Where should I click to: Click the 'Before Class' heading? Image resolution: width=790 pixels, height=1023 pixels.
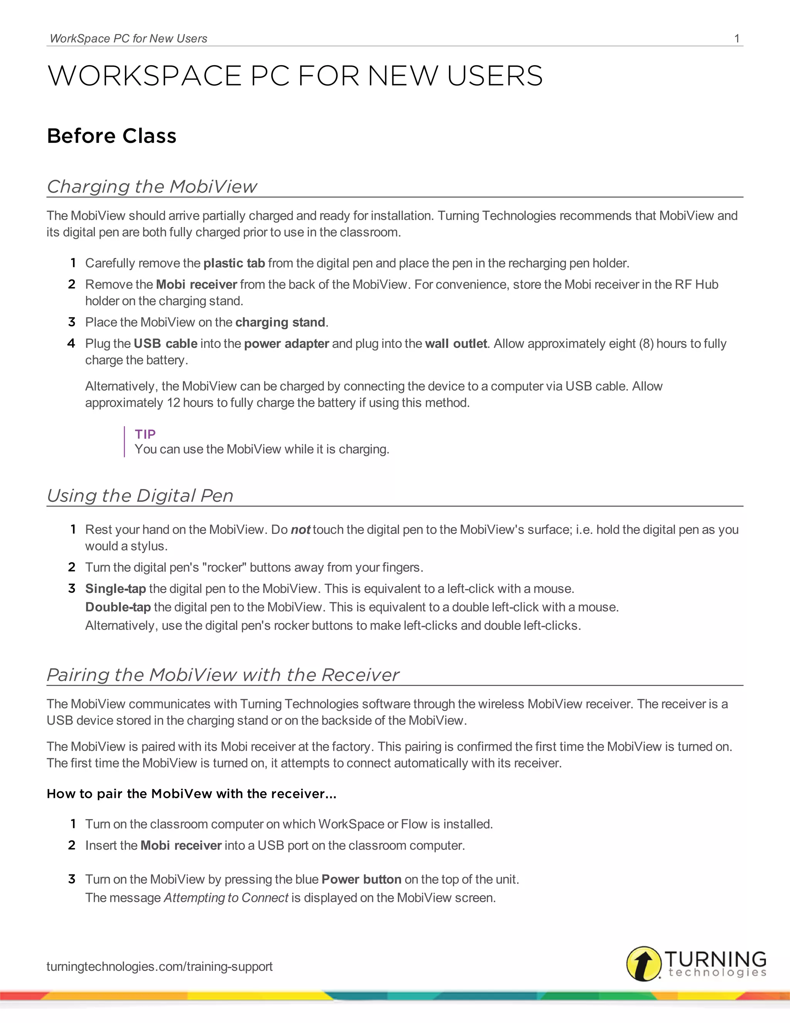(x=112, y=136)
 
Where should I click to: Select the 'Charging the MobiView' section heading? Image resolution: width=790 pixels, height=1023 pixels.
(x=152, y=186)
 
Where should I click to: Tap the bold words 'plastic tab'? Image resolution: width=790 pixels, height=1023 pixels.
(x=235, y=263)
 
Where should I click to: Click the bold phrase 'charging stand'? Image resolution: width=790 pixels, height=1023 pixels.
(x=280, y=322)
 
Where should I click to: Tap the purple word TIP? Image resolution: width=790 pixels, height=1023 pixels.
(x=145, y=434)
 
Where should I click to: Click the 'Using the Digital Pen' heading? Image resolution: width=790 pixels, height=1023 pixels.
(x=140, y=496)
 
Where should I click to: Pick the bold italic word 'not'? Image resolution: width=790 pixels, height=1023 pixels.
(x=300, y=530)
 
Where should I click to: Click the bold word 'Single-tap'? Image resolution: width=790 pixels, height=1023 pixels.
(x=116, y=588)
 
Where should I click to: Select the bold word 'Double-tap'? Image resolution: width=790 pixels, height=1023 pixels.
(x=118, y=607)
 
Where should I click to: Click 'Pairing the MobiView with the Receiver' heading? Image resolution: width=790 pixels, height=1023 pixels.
(x=223, y=674)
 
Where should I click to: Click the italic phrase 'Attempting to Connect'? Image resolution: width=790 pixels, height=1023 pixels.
(x=226, y=898)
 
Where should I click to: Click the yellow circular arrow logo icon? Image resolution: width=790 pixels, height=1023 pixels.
(x=644, y=964)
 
